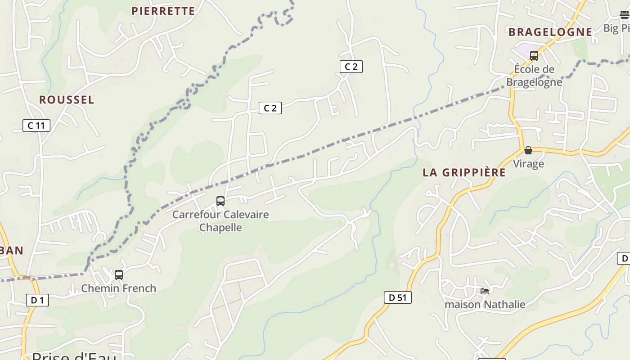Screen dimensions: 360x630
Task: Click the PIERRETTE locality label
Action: pos(163,11)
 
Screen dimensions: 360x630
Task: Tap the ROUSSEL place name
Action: pos(67,100)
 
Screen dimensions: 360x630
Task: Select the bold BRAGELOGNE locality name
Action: pos(550,32)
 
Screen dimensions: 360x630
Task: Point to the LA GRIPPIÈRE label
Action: pos(464,173)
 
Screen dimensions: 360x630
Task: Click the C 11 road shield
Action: pos(36,126)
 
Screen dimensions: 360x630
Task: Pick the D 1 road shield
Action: pos(37,300)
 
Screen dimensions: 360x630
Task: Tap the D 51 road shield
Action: pos(397,297)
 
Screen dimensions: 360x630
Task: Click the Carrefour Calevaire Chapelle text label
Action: pos(220,221)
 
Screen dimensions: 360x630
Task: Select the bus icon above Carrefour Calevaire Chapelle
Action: pos(220,201)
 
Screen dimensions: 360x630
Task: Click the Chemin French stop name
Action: pos(118,288)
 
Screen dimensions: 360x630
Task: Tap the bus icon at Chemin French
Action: pos(119,274)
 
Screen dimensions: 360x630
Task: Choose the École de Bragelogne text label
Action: pos(534,76)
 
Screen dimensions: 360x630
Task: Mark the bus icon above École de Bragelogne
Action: pos(534,56)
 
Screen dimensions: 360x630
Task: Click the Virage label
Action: pos(528,164)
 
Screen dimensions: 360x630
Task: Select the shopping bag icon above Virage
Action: pos(528,150)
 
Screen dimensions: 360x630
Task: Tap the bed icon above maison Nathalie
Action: pos(485,291)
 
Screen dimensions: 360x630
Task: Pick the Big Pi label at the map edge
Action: pos(616,28)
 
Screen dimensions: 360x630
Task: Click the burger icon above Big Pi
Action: pos(625,15)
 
